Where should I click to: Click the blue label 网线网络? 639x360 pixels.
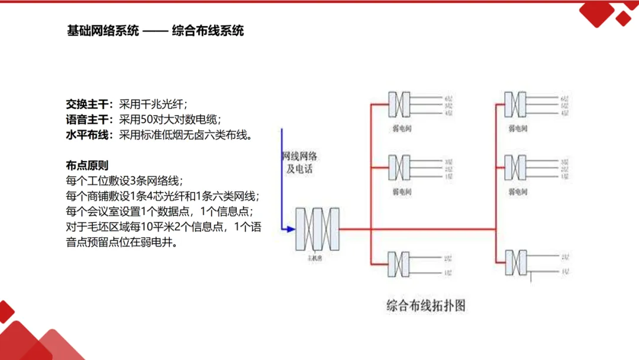299,156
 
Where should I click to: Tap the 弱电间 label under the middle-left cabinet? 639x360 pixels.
401,191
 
